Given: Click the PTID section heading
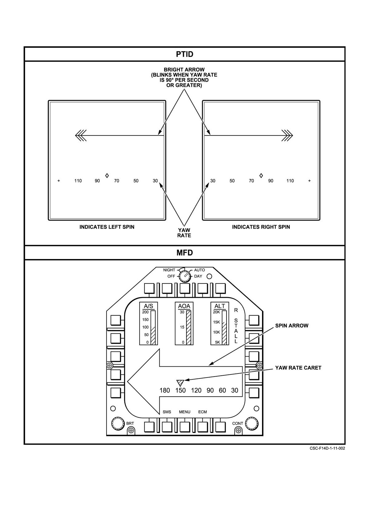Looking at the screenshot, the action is click(185, 54).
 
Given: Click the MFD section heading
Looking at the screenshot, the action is click(185, 253).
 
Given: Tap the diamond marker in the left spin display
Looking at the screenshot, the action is click(107, 175).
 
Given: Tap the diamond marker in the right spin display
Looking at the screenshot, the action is click(261, 175).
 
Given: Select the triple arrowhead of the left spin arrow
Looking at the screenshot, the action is click(81, 135).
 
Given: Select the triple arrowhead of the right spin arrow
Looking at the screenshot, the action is click(287, 135).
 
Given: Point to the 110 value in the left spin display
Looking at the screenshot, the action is click(78, 181).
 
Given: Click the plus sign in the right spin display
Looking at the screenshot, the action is click(309, 181).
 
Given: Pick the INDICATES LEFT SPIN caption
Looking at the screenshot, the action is click(107, 227).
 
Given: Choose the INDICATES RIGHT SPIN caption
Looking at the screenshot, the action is click(261, 227).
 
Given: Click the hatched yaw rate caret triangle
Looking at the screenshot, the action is click(180, 383).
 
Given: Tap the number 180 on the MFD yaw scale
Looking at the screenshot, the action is click(165, 391).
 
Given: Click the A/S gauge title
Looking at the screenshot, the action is click(148, 306).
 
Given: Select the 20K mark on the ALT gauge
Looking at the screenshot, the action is click(216, 312).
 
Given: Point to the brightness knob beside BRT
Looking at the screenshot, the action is click(118, 423).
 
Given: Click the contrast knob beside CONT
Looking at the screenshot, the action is click(252, 423).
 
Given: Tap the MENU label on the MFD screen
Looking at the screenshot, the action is click(185, 412).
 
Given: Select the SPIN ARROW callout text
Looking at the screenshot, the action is click(292, 326).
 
